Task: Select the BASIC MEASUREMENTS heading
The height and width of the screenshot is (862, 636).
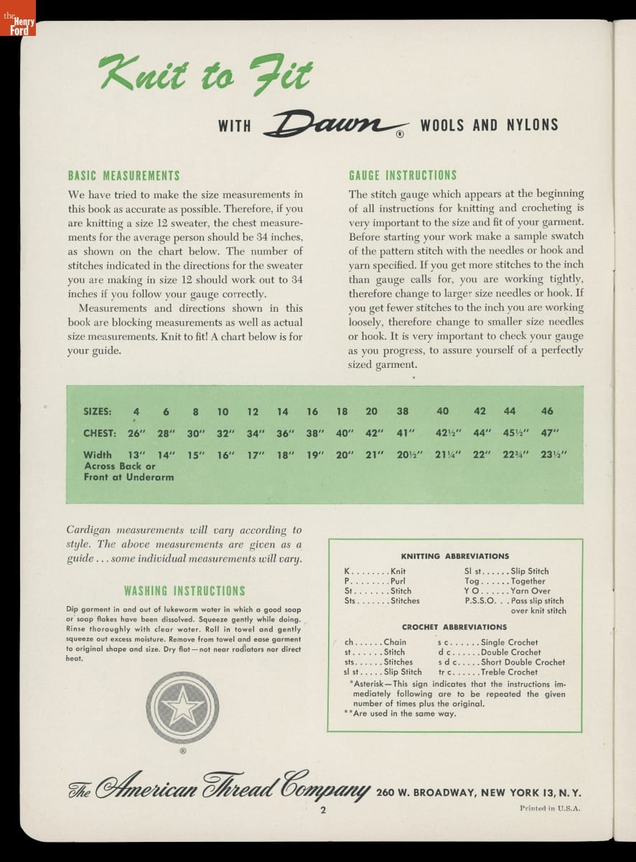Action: [x=123, y=176]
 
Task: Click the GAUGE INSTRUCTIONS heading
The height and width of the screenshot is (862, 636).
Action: [x=403, y=176]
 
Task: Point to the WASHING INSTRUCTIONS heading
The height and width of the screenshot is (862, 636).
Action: [x=184, y=591]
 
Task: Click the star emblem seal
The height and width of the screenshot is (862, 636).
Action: [x=182, y=707]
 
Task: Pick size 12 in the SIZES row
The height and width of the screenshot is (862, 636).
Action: [x=253, y=412]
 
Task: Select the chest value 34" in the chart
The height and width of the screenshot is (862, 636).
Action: [x=256, y=433]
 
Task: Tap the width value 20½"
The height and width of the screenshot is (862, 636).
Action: [x=409, y=455]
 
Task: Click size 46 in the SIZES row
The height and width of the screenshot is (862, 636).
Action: [x=547, y=412]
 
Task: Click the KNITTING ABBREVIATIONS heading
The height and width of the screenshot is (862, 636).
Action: [x=454, y=556]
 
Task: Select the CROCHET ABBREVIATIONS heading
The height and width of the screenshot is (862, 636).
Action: [x=454, y=627]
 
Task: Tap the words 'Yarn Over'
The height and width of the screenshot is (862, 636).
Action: [x=530, y=591]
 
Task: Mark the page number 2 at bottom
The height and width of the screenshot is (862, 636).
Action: [x=324, y=811]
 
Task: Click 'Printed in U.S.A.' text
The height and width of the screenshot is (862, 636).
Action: [x=550, y=808]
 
